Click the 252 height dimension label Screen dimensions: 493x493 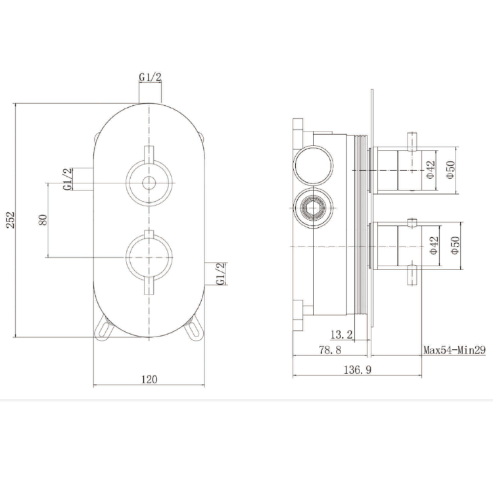pos(11,220)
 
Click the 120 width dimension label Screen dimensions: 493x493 pos(149,379)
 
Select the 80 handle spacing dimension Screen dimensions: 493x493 pos(43,220)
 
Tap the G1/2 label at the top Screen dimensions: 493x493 pos(150,78)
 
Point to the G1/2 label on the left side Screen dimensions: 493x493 pos(68,179)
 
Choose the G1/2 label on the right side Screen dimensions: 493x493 pos(222,273)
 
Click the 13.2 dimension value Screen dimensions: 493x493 pos(341,335)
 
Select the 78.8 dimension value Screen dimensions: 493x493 pos(330,350)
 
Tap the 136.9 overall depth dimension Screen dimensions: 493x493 pos(358,370)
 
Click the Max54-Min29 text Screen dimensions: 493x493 pos(454,350)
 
